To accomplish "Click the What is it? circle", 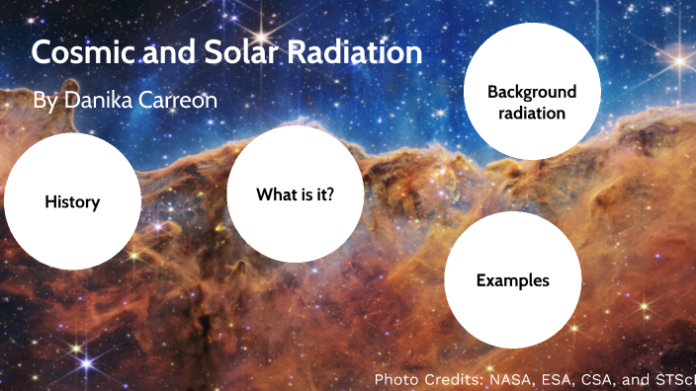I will point(295,195).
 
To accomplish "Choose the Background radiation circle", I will point(532,92).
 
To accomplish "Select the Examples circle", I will point(512,280).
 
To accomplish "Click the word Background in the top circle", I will point(532,92).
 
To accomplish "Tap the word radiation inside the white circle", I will point(532,114).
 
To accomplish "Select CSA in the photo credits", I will point(589,379).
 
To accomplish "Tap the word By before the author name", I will point(44,101).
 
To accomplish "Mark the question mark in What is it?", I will point(329,195).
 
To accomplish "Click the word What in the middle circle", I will point(274,195).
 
